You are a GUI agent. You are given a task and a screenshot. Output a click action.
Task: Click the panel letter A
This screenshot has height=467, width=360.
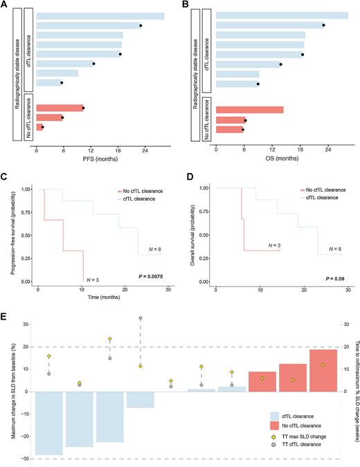coord(6,6)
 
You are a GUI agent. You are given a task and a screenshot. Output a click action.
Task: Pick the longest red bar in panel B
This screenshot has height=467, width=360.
coord(249,109)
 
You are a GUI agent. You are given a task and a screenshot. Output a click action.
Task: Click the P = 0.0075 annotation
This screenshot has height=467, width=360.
coord(150,280)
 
